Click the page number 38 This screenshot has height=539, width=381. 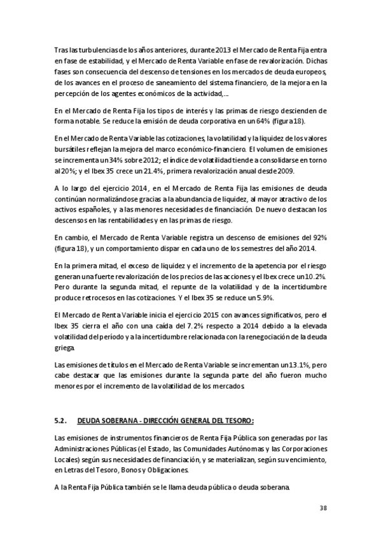(322, 507)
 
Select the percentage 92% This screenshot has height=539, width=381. (316, 237)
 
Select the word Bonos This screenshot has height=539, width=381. (146, 470)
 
